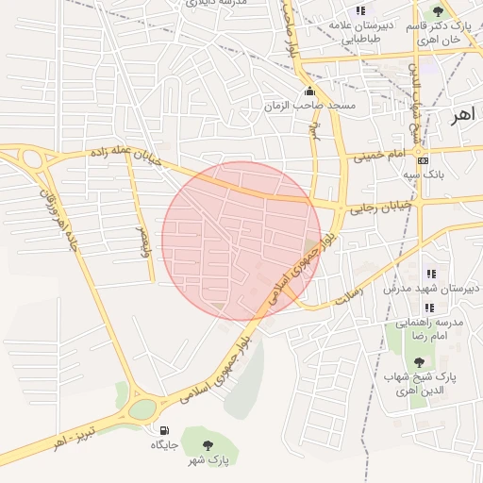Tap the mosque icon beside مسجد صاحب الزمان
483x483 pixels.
(310, 92)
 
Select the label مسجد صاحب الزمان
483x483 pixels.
(323, 105)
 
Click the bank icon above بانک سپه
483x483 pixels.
(422, 159)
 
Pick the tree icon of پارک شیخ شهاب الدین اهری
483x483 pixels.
(419, 361)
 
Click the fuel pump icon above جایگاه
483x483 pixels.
(166, 430)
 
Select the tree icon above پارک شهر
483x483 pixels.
(208, 444)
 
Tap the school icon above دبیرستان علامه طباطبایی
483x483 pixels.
(359, 10)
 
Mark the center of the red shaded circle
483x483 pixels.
(241, 241)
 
